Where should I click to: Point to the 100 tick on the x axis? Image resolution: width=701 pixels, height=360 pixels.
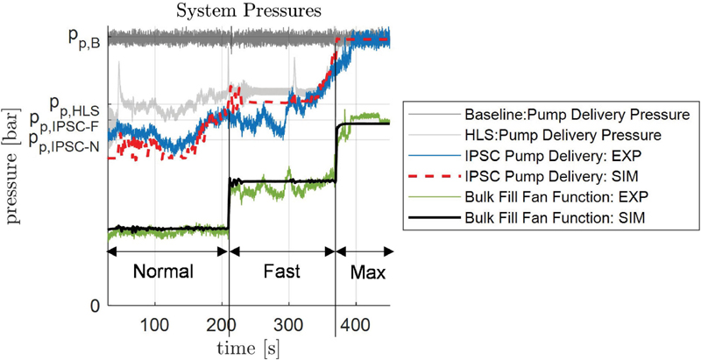point(155,325)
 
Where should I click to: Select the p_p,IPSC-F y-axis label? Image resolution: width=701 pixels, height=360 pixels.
point(67,123)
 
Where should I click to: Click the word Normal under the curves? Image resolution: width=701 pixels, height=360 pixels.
point(163,271)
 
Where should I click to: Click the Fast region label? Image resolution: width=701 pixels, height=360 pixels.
point(280,271)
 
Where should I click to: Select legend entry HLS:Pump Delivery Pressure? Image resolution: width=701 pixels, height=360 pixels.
point(561,136)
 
